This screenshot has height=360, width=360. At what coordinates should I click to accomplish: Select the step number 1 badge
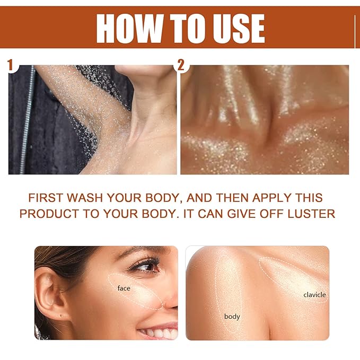click(x=10, y=65)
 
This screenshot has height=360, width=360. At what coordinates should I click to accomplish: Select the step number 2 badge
click(x=181, y=65)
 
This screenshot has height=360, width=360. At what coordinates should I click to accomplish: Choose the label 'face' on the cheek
click(x=124, y=288)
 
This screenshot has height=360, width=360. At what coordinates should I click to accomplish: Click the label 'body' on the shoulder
click(x=232, y=317)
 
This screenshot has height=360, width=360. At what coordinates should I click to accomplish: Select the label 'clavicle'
click(x=314, y=294)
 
